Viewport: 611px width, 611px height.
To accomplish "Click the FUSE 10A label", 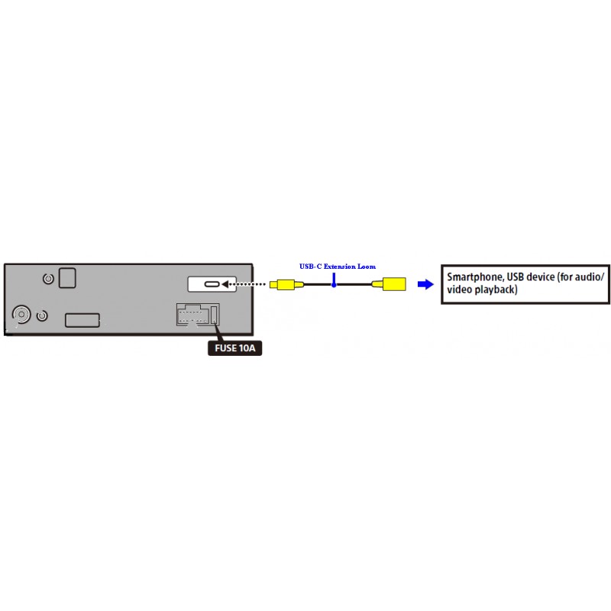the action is (x=234, y=348).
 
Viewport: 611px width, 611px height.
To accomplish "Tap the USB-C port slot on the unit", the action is (x=212, y=284).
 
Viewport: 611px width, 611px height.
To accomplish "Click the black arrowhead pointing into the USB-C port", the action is (x=225, y=284).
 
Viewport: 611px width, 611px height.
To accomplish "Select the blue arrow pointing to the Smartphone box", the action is (x=425, y=284).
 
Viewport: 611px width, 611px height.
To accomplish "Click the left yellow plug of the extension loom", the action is (x=286, y=284).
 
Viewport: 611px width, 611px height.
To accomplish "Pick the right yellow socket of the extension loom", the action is (x=390, y=284).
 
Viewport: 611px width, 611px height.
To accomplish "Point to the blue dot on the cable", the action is (x=334, y=285).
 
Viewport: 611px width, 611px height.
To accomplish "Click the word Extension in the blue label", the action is (x=339, y=267).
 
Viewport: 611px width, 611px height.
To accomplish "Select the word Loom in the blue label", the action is (x=367, y=267).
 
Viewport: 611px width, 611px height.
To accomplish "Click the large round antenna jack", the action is (x=21, y=314).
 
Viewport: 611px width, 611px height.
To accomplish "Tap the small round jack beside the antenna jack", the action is (x=42, y=315).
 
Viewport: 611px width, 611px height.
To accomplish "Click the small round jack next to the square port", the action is (x=48, y=279).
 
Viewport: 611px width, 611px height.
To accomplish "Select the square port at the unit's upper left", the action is (x=67, y=278).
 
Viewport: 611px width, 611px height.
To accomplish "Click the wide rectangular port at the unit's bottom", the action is (x=82, y=320).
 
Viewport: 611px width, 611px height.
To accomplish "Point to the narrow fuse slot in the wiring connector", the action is (x=214, y=315).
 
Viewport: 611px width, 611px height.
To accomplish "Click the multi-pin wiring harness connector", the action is (x=198, y=315).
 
